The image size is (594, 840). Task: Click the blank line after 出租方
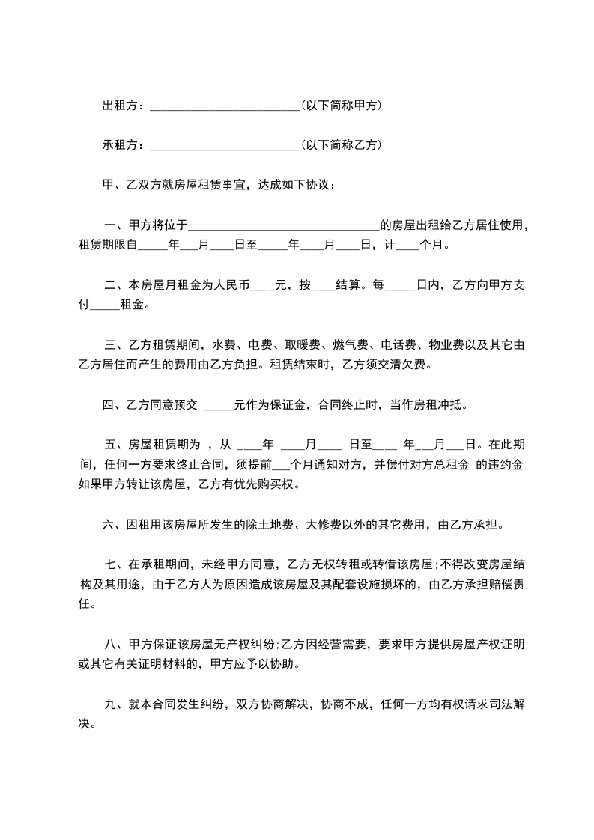coord(224,107)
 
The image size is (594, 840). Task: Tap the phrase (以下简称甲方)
coord(341,106)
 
